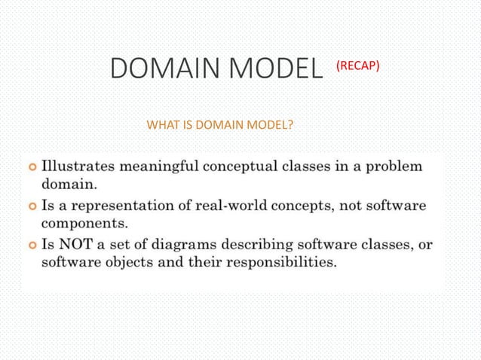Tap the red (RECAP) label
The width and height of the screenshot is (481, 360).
357,66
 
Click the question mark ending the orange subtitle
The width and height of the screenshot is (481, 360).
290,124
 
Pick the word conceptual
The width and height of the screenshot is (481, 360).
240,166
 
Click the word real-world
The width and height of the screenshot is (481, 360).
227,205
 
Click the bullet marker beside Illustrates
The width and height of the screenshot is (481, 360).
31,166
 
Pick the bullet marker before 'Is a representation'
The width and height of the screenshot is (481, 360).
31,205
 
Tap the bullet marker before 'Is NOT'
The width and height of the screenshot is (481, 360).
31,244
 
